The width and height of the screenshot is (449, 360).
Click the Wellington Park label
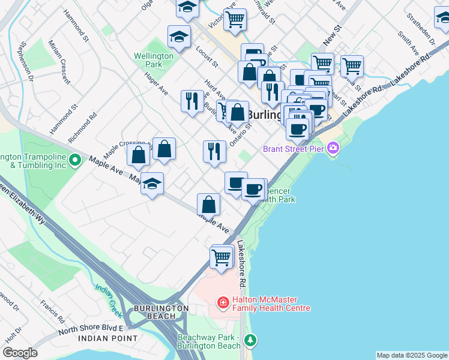154,60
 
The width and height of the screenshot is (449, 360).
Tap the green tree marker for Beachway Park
250,340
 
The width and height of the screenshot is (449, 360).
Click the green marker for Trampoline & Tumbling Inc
75,160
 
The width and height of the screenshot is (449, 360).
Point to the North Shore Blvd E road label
90,329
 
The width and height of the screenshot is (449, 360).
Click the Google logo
19,353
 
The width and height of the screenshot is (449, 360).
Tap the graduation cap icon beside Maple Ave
152,184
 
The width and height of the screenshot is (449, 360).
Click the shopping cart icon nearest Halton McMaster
221,258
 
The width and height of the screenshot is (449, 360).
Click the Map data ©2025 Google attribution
411,355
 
